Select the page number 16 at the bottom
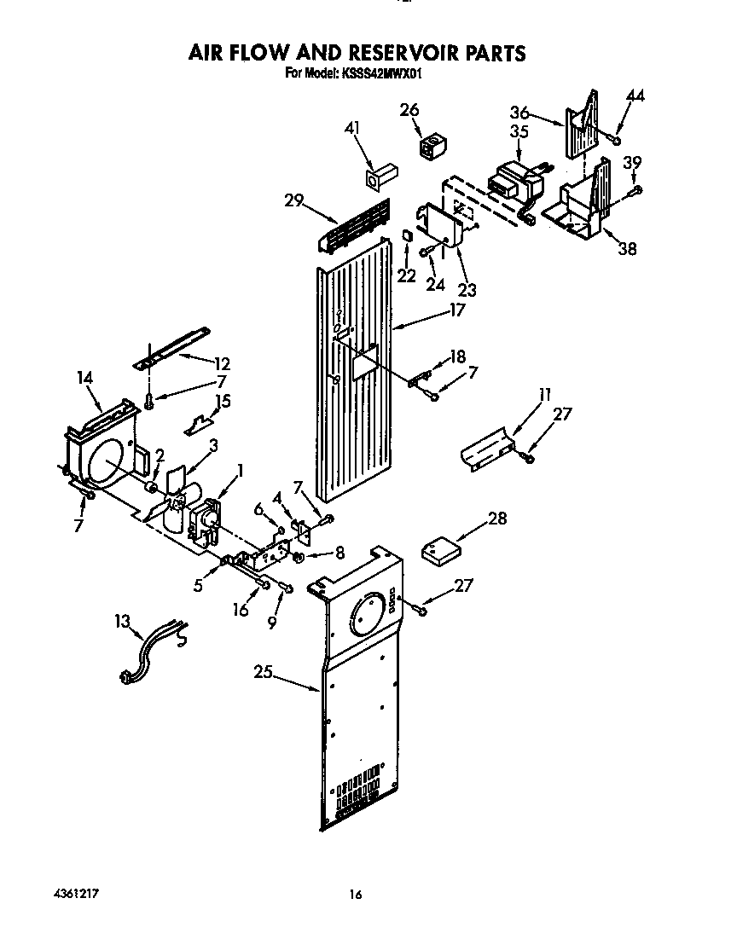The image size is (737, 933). point(356,895)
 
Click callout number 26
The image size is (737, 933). point(409,109)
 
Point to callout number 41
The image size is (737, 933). point(352,128)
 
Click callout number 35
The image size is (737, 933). point(519,131)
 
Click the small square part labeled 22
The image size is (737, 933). point(408,235)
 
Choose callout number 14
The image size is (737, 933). point(86,377)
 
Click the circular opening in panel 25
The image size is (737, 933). point(363,612)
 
